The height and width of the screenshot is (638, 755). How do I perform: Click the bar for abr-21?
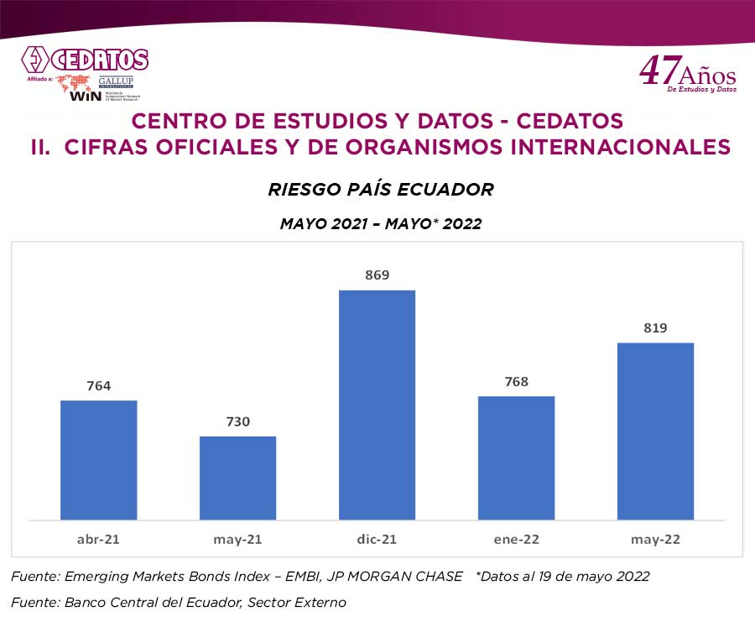pos(98,459)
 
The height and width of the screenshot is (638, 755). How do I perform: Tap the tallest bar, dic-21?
pos(377,404)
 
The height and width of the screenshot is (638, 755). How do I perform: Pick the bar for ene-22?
pos(516,457)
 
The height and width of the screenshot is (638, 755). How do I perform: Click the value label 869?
pos(377,275)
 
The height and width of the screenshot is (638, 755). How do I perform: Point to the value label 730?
pos(237,421)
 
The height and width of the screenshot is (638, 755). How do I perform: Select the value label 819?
pos(655,328)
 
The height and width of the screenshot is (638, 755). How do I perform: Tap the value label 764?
pos(98,386)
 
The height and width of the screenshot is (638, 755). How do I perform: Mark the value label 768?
pos(516,382)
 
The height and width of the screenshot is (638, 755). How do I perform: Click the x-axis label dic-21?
pos(377,539)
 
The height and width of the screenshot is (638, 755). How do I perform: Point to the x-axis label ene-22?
pos(516,539)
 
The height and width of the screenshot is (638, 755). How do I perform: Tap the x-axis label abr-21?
pos(98,539)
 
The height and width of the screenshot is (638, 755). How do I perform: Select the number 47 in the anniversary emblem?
pos(656,71)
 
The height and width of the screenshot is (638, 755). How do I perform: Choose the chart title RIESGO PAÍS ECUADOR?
pos(380,190)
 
